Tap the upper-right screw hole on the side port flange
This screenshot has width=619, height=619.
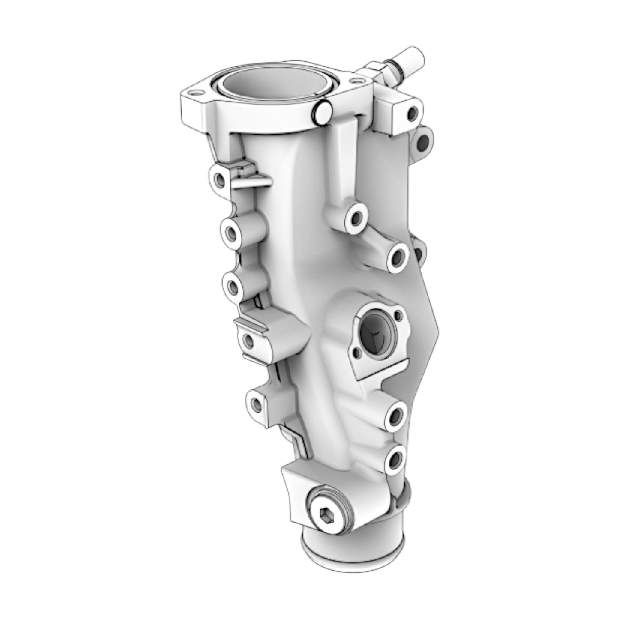[x=398, y=316]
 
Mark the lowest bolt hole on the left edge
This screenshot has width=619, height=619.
[x=256, y=403]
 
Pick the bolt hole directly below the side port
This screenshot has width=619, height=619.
[x=395, y=415]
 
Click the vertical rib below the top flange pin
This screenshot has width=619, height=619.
[x=343, y=163]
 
